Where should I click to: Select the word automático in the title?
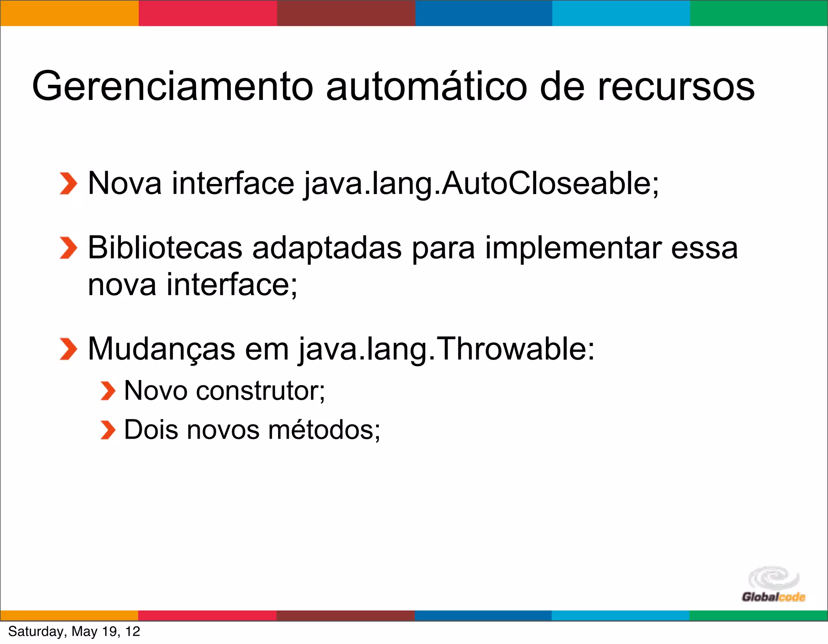[426, 86]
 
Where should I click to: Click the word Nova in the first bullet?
[125, 183]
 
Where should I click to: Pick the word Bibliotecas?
[165, 247]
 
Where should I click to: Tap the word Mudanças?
[161, 349]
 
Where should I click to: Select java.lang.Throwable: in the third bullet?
[446, 349]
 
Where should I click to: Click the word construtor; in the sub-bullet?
[260, 391]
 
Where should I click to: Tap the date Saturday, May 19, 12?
[74, 631]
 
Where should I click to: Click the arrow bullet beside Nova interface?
[68, 184]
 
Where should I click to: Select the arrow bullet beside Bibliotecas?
[68, 248]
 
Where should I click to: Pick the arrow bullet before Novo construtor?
[108, 391]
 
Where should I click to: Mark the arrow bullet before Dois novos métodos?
[108, 430]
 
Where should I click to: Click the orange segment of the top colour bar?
[69, 13]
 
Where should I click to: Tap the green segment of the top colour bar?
[759, 13]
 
